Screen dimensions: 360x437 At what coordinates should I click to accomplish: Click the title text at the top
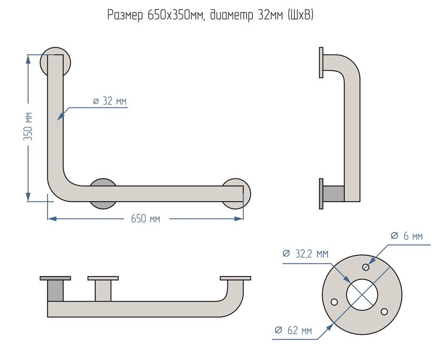coord(211,16)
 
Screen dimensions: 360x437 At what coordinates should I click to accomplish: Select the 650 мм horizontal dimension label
coord(145,218)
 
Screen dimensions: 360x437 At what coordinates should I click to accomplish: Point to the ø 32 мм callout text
coord(110,101)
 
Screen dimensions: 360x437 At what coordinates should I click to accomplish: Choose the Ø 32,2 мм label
coord(305,253)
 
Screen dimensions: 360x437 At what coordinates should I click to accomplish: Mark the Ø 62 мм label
coord(293,331)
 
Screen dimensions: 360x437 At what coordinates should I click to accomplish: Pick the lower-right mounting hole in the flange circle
coord(384,310)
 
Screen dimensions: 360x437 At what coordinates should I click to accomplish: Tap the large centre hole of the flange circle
coord(362,294)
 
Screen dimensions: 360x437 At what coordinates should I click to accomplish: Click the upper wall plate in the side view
coord(321,63)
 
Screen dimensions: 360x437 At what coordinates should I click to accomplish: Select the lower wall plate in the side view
coord(321,193)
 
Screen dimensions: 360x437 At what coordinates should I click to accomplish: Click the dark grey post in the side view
coord(334,193)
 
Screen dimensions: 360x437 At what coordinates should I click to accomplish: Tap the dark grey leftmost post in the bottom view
coord(55,291)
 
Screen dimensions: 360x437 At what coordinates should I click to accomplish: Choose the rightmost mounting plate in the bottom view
coord(236,278)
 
